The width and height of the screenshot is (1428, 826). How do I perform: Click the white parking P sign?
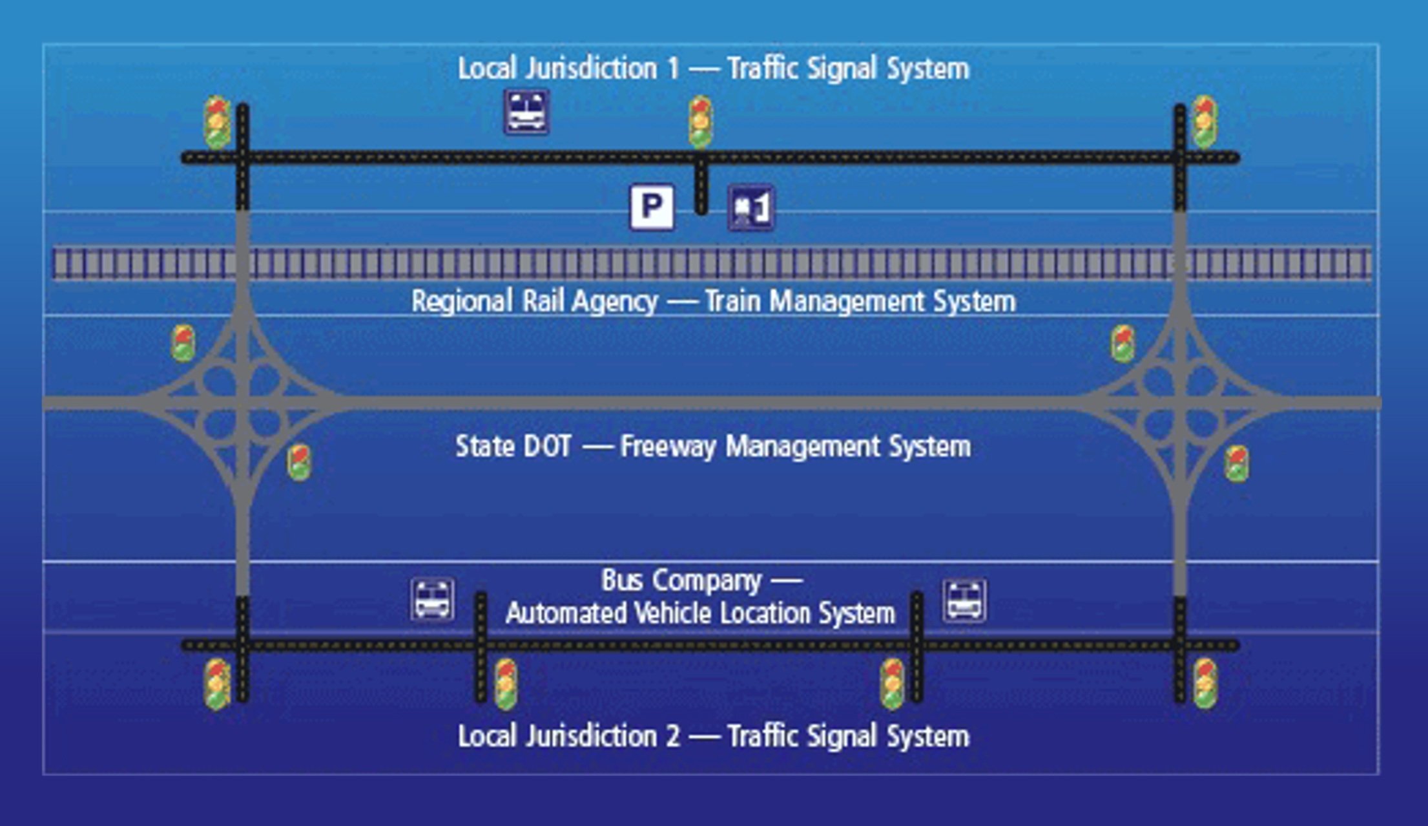click(652, 207)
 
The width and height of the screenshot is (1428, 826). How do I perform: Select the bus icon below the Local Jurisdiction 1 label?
click(527, 112)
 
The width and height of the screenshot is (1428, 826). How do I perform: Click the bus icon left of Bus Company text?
click(432, 600)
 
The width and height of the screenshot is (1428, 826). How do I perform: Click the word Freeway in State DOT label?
click(668, 447)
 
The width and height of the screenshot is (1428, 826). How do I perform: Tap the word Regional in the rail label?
click(462, 301)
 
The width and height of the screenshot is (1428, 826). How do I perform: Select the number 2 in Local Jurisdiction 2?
click(672, 737)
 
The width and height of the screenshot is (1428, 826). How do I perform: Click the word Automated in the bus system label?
click(566, 613)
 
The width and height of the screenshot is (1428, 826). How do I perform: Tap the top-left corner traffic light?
click(217, 122)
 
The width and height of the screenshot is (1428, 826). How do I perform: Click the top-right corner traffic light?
click(1205, 122)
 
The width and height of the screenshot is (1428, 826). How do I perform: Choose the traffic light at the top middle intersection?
click(700, 122)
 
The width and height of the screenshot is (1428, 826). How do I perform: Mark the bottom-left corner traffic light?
click(217, 684)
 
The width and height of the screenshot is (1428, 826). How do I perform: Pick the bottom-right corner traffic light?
click(1205, 684)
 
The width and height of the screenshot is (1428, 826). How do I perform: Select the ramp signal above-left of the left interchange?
click(183, 343)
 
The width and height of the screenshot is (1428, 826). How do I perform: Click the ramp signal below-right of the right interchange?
click(1237, 463)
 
